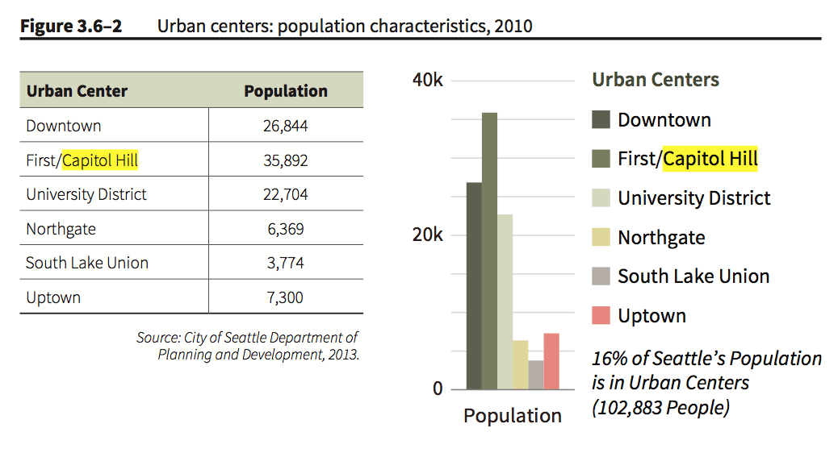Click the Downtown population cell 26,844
pos(286,126)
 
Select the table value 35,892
pos(286,160)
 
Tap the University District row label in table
pos(86,194)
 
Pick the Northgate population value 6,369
pos(286,229)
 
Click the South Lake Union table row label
pos(86,263)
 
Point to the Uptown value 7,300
pos(286,297)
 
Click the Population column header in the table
pos(286,91)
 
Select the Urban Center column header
pos(77,91)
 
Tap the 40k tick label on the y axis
pos(427,81)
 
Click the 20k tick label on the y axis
pos(427,235)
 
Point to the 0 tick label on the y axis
pos(438,389)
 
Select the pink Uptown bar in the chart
pos(551,361)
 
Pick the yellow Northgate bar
pos(520,364)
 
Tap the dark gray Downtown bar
pos(474,286)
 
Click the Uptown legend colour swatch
pos(601,315)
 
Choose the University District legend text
pos(694,198)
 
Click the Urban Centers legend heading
pos(656,80)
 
